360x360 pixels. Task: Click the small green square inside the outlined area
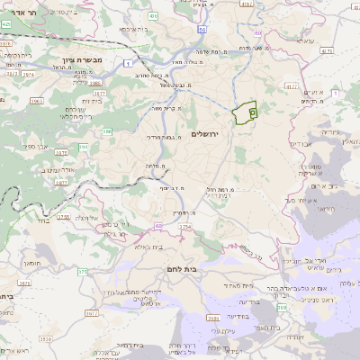(x=253, y=112)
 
